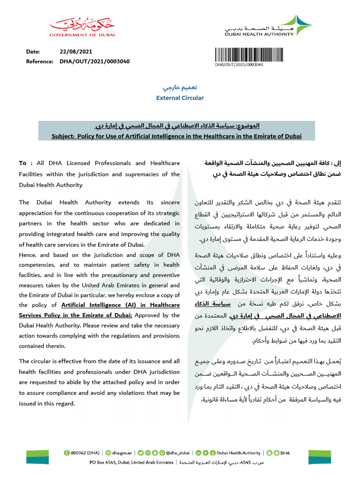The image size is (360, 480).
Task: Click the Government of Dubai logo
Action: click(82, 27)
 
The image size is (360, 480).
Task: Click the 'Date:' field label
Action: click(33, 52)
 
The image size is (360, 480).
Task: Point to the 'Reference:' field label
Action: click(40, 61)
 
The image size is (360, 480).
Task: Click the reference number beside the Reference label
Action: click(95, 61)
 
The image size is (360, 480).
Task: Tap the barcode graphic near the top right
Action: click(239, 53)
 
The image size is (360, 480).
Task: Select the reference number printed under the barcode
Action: click(239, 64)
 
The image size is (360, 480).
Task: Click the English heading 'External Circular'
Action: click(180, 98)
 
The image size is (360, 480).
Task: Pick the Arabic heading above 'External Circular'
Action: click(180, 88)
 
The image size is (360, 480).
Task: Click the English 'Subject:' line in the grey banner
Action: click(177, 136)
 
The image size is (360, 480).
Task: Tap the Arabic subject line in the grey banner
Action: click(180, 127)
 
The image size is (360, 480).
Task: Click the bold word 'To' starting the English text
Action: click(22, 163)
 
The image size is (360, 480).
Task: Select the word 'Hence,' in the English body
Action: click(29, 255)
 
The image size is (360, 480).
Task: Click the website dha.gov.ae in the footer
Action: click(123, 453)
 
